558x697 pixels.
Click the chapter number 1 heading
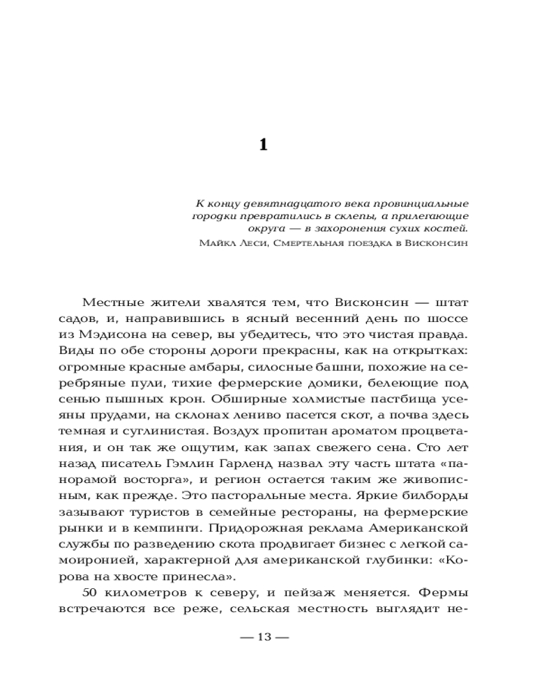pyautogui.click(x=263, y=144)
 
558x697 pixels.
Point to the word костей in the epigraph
pyautogui.click(x=448, y=228)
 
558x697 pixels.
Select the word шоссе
pyautogui.click(x=451, y=319)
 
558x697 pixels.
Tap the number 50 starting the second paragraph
pyautogui.click(x=92, y=593)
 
